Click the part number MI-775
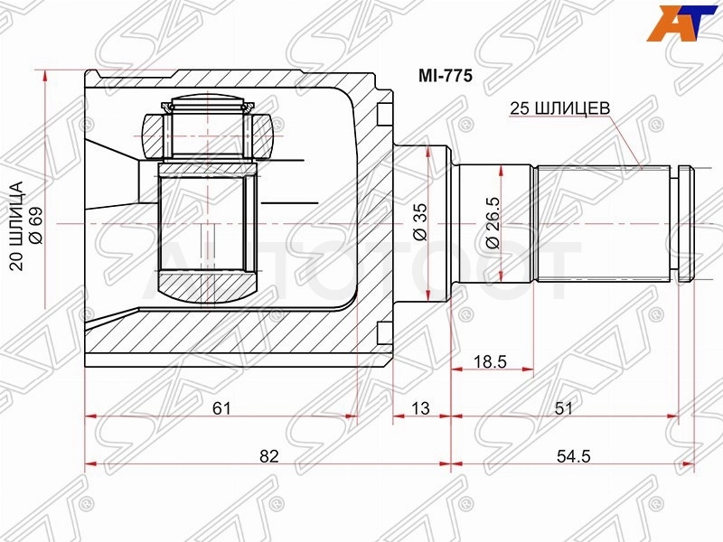pos(445,76)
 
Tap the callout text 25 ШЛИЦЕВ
pos(559,108)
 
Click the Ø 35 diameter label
pos(420,222)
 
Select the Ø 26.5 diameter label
pos(493,222)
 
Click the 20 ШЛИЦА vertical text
pos(16,225)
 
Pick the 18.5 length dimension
pos(491,361)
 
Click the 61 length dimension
pos(221,408)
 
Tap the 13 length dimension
pos(420,408)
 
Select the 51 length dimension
pos(563,408)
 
